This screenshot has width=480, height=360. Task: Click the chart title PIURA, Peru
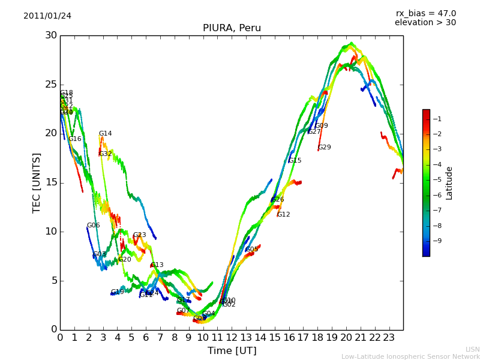point(232,28)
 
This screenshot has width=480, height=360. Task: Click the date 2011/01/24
point(47,16)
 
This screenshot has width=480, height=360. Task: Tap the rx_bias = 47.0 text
point(425,14)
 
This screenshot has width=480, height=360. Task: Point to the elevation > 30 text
point(425,23)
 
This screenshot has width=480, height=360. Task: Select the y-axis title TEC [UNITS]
point(37,182)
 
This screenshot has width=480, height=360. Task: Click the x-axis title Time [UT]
point(232,350)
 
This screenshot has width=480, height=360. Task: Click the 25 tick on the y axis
point(52,85)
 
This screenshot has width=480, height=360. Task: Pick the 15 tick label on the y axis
point(52,182)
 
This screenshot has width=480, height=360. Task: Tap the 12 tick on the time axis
point(232,338)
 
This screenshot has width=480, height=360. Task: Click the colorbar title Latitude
point(449,183)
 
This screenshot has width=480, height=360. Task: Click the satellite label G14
point(106,134)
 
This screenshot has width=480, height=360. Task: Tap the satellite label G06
point(94,226)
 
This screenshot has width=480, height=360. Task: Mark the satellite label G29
point(325,148)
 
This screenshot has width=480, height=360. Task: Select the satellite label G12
point(284,215)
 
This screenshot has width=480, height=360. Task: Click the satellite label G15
point(295,161)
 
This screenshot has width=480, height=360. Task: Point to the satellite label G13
point(157,265)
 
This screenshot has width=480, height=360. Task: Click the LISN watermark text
point(472,349)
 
